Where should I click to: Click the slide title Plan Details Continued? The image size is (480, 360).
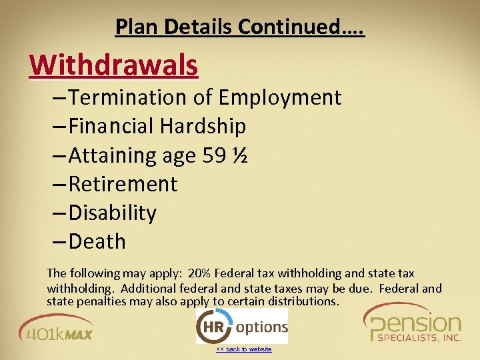(239, 27)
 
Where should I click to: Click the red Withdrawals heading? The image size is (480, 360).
(114, 65)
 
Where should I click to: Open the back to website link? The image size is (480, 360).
(244, 349)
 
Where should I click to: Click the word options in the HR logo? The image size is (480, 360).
(261, 327)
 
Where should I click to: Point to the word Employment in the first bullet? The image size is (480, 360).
(279, 97)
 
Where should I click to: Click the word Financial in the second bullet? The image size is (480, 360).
(111, 126)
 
